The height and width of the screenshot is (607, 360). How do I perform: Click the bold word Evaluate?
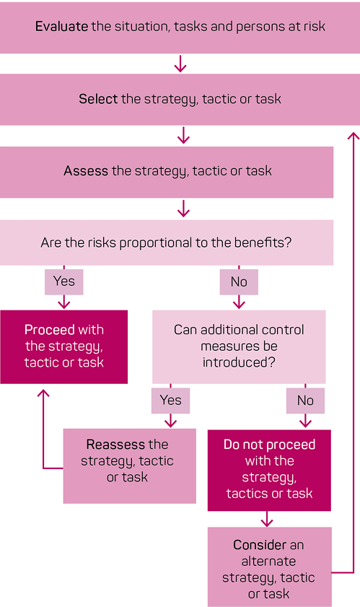(x=61, y=26)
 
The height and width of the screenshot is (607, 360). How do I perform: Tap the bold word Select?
(x=98, y=99)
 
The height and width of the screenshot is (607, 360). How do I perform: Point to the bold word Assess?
(x=86, y=171)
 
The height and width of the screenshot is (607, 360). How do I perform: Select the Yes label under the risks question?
(x=64, y=281)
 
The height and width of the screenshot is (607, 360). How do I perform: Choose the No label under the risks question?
(x=239, y=281)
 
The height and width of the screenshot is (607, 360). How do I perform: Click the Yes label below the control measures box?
(x=171, y=401)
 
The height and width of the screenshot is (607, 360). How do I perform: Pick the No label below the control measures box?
(x=305, y=401)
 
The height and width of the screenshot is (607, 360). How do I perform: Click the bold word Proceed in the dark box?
(x=50, y=329)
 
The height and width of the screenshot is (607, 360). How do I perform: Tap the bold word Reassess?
(x=111, y=444)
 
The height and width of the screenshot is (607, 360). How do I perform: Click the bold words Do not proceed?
(x=269, y=445)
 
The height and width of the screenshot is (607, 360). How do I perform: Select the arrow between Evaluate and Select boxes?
(x=180, y=64)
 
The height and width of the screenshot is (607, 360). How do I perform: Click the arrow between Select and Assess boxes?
(x=183, y=136)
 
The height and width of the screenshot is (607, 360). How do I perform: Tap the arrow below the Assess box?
(x=183, y=209)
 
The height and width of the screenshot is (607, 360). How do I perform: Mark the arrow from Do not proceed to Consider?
(x=267, y=519)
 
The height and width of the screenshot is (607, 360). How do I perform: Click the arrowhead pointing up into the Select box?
(x=354, y=135)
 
